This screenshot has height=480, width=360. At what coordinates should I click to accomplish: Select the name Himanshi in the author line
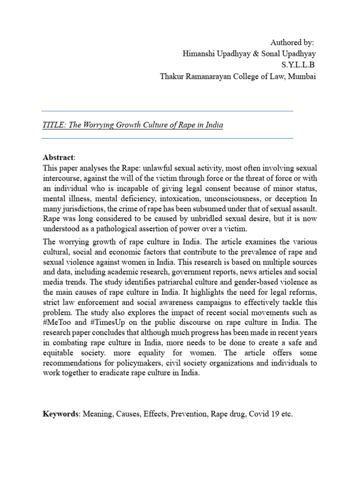[x=199, y=54]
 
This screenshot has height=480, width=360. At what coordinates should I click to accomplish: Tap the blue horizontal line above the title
[x=167, y=111]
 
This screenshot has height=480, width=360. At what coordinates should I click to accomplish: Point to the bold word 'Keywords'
[x=60, y=414]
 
